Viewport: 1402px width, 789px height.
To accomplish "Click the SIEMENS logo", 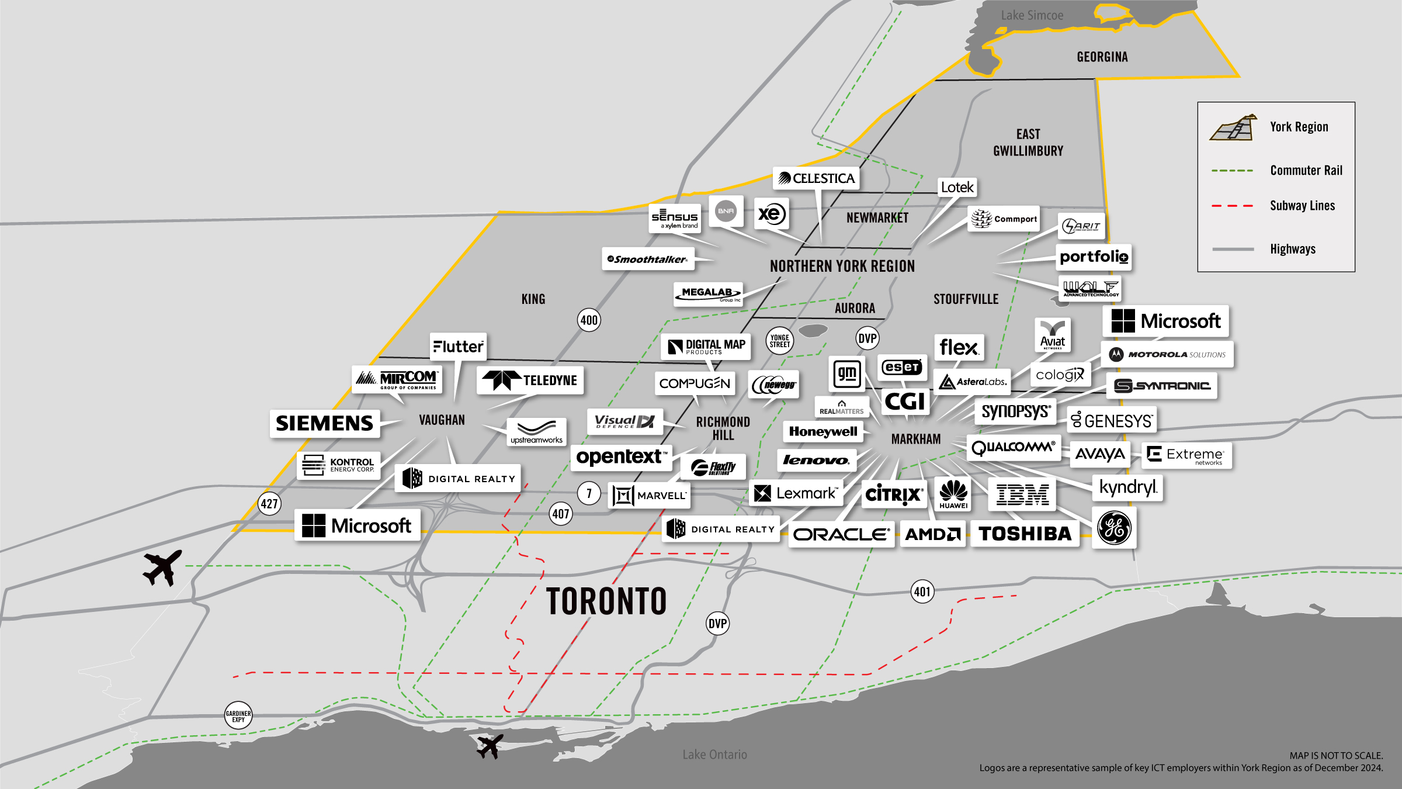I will tap(324, 423).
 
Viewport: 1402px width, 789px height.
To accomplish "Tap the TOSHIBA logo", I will tap(1025, 534).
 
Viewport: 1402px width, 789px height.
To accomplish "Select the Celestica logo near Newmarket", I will tap(816, 178).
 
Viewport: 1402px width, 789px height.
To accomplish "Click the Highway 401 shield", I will tap(922, 592).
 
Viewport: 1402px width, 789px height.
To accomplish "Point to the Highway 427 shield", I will tap(269, 504).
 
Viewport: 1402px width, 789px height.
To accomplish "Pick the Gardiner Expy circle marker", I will tap(238, 716).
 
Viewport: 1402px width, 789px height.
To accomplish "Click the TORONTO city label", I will tap(606, 601).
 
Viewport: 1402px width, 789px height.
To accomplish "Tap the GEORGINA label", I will tap(1102, 57).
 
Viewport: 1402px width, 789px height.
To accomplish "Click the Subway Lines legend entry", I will tap(1302, 206).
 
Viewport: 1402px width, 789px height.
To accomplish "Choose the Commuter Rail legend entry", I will tap(1306, 171).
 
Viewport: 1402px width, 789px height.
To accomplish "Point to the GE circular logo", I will tap(1114, 528).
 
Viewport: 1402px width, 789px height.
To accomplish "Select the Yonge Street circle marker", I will tap(779, 341).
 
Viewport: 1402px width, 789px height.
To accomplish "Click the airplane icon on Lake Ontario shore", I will tap(490, 746).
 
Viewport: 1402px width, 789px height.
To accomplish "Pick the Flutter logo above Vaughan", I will tap(458, 347).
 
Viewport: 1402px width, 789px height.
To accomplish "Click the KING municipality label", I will tap(533, 299).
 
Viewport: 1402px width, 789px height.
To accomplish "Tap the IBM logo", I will tap(1022, 494).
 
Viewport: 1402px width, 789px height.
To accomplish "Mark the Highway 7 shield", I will tap(589, 494).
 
